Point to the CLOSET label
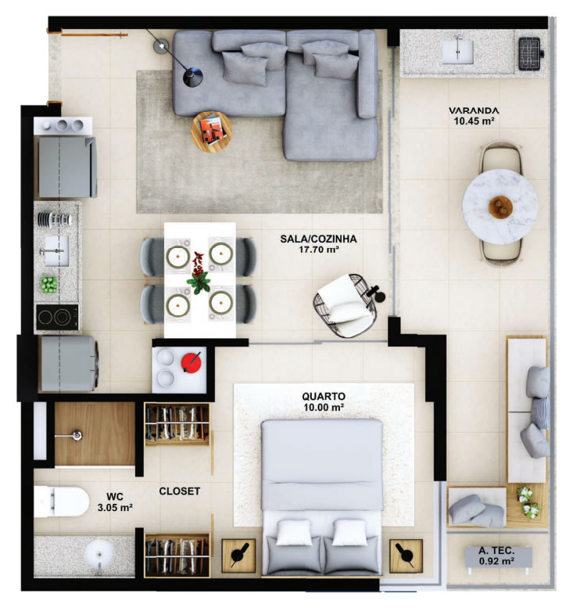coord(179,491)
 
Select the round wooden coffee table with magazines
coord(211,131)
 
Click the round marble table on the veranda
coord(500,207)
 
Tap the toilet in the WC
coord(61,502)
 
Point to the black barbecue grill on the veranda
coord(530,53)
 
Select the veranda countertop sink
coord(458,52)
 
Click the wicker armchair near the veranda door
coord(345,305)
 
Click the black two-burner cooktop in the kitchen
coord(57,317)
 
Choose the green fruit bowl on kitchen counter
coord(49,284)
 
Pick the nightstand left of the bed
coord(238,556)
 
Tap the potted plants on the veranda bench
coord(528,502)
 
